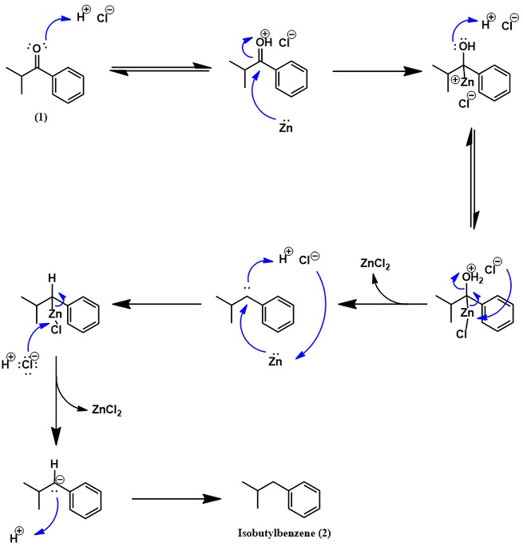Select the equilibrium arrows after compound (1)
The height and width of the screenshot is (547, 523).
click(160, 71)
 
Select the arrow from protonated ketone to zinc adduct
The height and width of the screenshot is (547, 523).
click(376, 72)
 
